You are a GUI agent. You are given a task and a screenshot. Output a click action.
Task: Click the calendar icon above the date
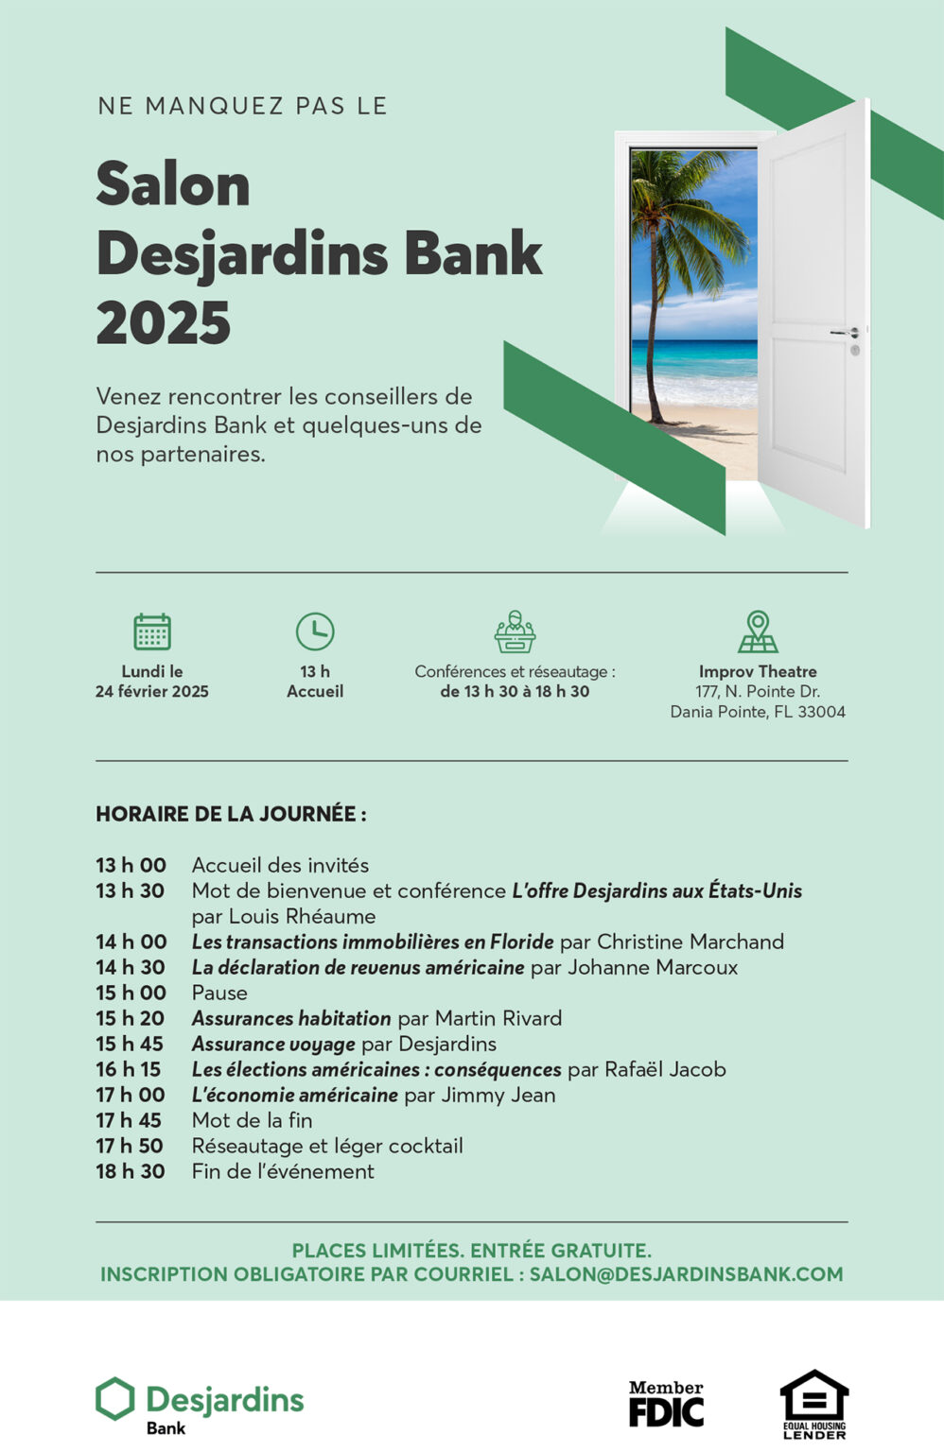pyautogui.click(x=151, y=631)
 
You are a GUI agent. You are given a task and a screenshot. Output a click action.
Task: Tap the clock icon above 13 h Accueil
pyautogui.click(x=315, y=631)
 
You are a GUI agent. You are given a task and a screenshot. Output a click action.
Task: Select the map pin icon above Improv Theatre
pyautogui.click(x=758, y=631)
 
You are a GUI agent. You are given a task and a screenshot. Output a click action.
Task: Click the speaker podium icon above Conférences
pyautogui.click(x=515, y=631)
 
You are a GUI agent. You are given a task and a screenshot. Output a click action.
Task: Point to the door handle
pyautogui.click(x=844, y=333)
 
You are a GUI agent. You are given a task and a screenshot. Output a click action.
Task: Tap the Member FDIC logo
pyautogui.click(x=666, y=1404)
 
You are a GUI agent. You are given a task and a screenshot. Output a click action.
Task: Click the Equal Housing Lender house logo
pyautogui.click(x=813, y=1403)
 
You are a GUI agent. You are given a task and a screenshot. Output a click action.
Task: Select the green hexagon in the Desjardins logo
pyautogui.click(x=115, y=1399)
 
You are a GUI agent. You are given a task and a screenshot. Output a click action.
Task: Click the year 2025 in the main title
pyautogui.click(x=164, y=323)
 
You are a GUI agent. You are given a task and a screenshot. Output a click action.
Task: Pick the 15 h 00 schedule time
pyautogui.click(x=131, y=993)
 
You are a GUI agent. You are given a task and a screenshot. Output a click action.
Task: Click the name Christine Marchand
pyautogui.click(x=691, y=942)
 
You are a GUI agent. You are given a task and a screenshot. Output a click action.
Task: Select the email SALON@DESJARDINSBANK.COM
pyautogui.click(x=686, y=1274)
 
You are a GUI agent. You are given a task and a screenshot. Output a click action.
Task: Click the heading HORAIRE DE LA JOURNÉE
pyautogui.click(x=231, y=814)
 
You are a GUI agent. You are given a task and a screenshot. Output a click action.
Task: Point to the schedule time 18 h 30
pyautogui.click(x=131, y=1171)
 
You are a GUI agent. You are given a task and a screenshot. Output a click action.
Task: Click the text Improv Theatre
pyautogui.click(x=758, y=671)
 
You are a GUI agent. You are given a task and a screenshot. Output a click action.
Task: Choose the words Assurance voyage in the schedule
pyautogui.click(x=273, y=1044)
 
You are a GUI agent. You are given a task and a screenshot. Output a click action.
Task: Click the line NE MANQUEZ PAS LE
pyautogui.click(x=242, y=106)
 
